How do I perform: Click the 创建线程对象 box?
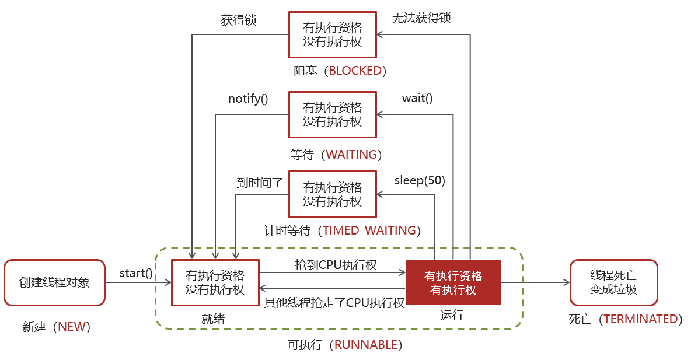tap(55, 282)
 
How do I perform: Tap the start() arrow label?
tap(136, 272)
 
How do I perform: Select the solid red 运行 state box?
tap(453, 282)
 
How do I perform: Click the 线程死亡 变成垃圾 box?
tap(613, 282)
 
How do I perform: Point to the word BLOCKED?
tap(355, 71)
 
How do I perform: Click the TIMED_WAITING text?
tap(369, 230)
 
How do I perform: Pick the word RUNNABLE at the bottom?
tap(366, 344)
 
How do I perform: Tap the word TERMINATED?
tap(641, 319)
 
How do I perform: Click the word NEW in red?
tap(72, 327)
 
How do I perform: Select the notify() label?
tap(248, 99)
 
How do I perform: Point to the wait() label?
tap(417, 98)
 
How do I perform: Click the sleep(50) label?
tap(420, 180)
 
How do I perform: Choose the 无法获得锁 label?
tap(422, 18)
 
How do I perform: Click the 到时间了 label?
tap(260, 182)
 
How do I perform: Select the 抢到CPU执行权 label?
tap(336, 265)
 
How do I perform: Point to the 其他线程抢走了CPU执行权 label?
tap(334, 303)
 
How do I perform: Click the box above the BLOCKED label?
tap(333, 35)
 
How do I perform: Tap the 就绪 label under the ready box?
tap(213, 319)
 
